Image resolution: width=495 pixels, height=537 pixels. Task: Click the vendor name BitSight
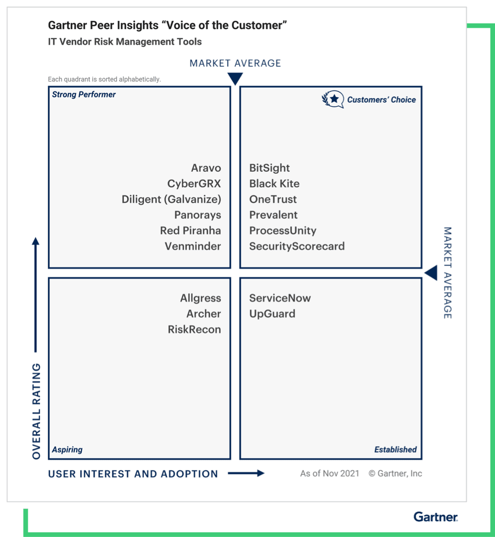click(x=269, y=168)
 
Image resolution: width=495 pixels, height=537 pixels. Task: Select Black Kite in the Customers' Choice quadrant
click(x=274, y=184)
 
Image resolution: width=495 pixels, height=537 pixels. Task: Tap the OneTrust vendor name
click(x=273, y=199)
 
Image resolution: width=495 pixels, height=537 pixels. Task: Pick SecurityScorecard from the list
click(x=297, y=246)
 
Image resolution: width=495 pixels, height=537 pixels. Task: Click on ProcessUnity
click(x=283, y=231)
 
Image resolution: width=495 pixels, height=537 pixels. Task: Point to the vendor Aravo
click(x=206, y=168)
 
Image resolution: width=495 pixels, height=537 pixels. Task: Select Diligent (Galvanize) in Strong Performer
click(x=171, y=199)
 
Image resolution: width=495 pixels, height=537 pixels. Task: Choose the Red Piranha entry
click(x=190, y=231)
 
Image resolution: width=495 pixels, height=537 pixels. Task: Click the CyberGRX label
click(x=194, y=184)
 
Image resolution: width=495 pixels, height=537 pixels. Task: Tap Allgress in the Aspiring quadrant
click(x=200, y=298)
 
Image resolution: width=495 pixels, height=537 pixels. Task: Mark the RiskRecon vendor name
click(x=194, y=330)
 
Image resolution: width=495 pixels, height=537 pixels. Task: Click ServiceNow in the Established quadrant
click(x=280, y=298)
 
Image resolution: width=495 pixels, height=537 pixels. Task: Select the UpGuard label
click(x=272, y=314)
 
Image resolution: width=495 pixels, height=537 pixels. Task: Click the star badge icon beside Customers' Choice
click(x=333, y=99)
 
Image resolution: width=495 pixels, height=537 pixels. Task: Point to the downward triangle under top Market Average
click(x=235, y=79)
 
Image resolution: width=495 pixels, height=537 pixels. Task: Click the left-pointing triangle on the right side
click(x=431, y=273)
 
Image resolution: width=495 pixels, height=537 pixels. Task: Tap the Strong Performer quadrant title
click(x=84, y=95)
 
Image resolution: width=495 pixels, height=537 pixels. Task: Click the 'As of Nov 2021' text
click(x=330, y=474)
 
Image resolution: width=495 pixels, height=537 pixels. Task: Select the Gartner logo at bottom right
click(x=436, y=517)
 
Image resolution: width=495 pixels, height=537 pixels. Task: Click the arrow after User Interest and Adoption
click(x=246, y=474)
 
